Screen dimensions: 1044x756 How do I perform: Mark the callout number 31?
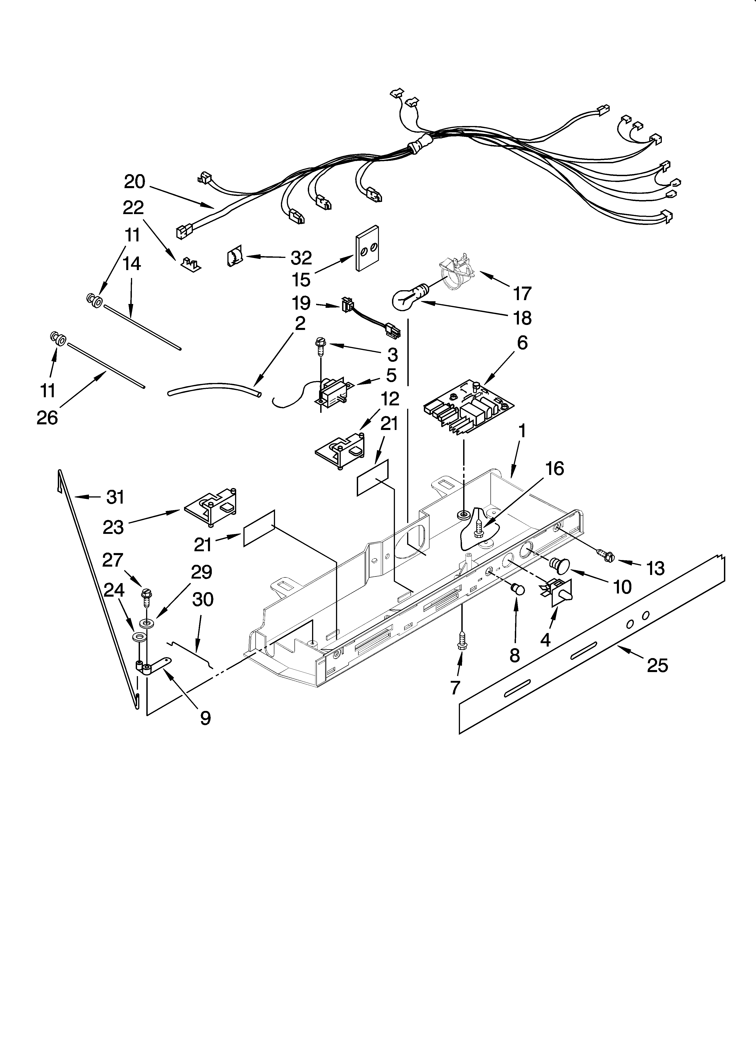[x=116, y=497]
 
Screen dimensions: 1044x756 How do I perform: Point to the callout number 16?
[x=554, y=469]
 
